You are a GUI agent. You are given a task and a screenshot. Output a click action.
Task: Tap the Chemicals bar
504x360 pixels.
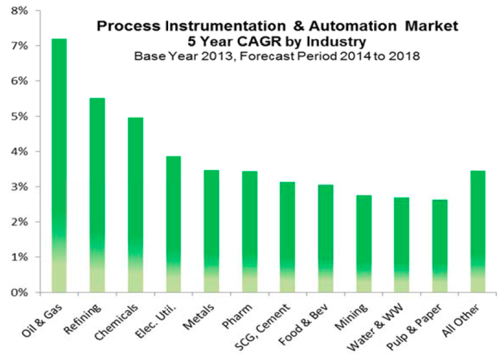point(135,205)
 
